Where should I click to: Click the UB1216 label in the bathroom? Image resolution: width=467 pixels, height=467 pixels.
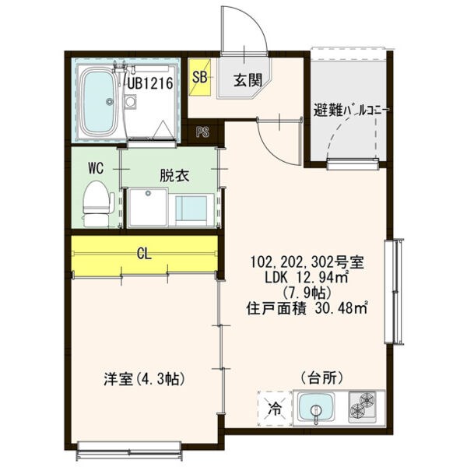[150, 83]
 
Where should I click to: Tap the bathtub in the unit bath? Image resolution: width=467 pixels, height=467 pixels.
[99, 102]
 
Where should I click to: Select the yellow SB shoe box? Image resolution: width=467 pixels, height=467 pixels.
[200, 77]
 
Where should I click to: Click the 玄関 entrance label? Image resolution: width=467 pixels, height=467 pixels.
[248, 80]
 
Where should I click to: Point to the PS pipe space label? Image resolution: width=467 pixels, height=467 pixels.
[202, 132]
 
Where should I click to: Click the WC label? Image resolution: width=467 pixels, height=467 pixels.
[96, 168]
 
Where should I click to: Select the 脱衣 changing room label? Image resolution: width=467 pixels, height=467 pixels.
[174, 176]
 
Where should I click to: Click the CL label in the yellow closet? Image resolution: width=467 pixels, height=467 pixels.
[145, 254]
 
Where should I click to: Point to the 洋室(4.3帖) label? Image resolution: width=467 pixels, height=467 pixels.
[145, 379]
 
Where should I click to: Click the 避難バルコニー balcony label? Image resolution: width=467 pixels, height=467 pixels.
[350, 111]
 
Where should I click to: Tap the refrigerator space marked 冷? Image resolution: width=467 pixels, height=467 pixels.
[274, 409]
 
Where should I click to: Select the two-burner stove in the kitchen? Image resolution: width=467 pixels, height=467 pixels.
[363, 407]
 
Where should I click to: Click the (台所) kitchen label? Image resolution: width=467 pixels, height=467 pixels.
[322, 378]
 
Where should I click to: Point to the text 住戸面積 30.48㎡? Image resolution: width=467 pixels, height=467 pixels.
[307, 308]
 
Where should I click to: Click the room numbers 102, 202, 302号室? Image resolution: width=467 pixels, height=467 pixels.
[307, 263]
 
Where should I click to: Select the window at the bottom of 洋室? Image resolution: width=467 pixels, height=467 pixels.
[129, 451]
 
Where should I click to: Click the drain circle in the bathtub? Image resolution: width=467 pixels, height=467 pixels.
[110, 102]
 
